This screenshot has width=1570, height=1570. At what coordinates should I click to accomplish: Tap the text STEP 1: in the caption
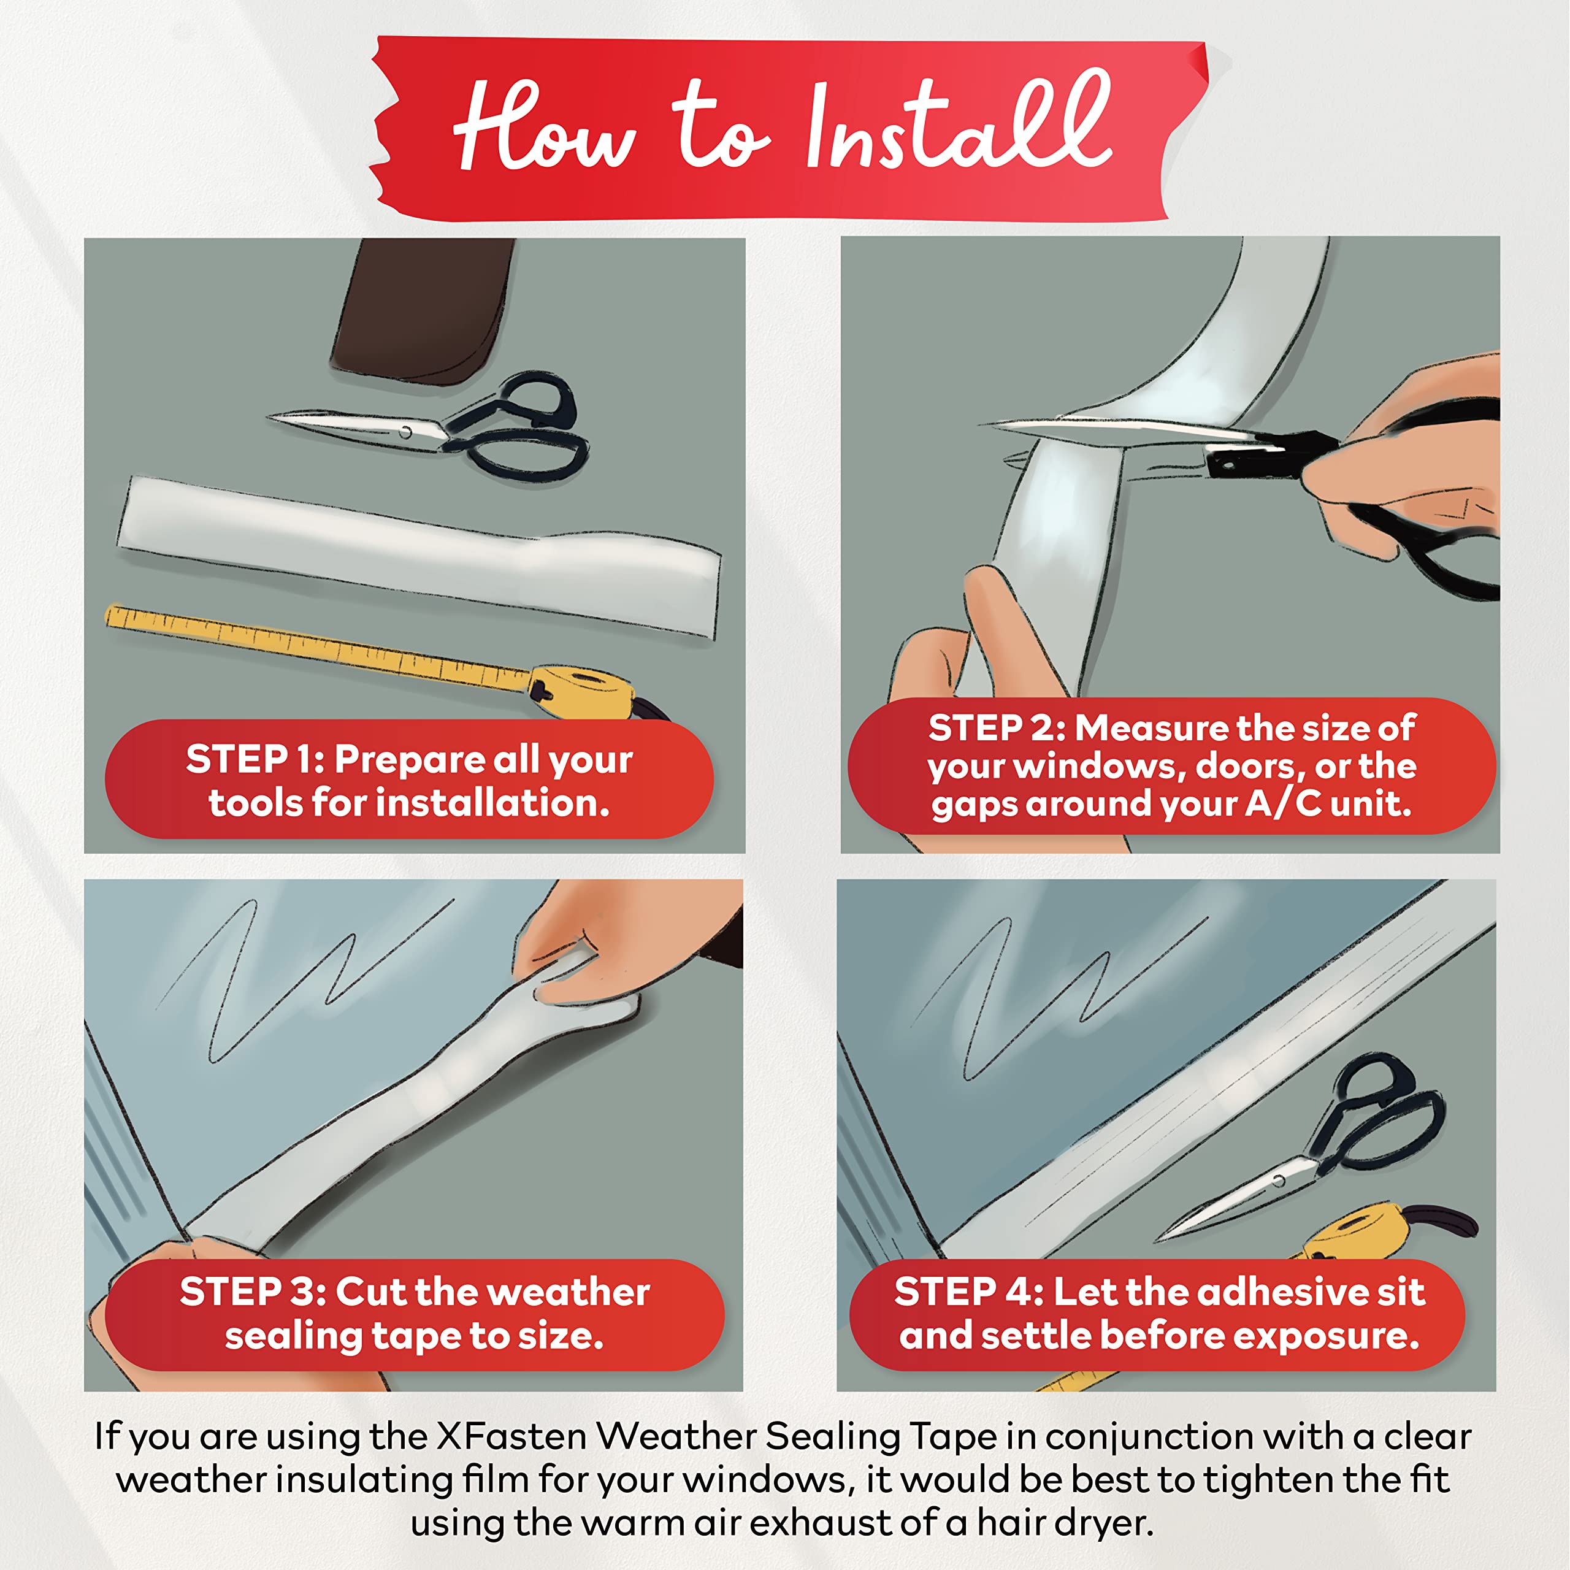[x=255, y=760]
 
